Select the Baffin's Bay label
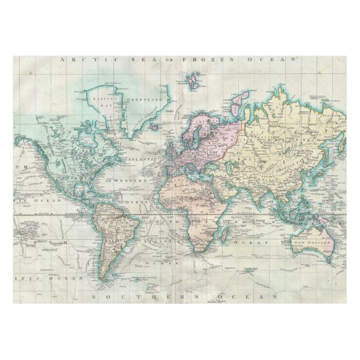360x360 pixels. [102, 102]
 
